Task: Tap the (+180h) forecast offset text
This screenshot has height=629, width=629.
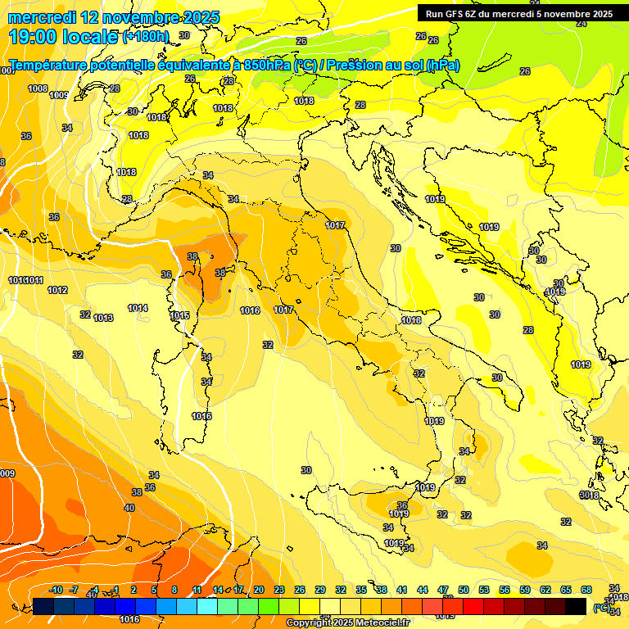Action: click(x=145, y=36)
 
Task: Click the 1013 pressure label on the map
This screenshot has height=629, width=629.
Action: click(x=103, y=318)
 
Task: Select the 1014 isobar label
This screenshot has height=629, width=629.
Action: click(x=138, y=308)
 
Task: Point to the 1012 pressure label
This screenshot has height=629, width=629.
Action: click(x=57, y=290)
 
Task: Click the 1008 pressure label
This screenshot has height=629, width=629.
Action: click(x=38, y=88)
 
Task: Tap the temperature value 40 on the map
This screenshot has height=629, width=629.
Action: click(x=129, y=508)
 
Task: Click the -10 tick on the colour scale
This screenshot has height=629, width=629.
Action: click(x=57, y=590)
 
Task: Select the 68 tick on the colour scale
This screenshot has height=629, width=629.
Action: click(x=586, y=590)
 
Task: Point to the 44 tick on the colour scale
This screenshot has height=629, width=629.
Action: click(x=423, y=590)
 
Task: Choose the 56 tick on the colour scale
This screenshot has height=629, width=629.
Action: click(x=505, y=590)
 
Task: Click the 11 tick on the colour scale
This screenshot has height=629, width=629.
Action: click(x=197, y=590)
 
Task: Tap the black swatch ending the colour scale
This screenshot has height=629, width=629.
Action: click(x=576, y=606)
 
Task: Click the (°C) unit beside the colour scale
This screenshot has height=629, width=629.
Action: click(x=601, y=607)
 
